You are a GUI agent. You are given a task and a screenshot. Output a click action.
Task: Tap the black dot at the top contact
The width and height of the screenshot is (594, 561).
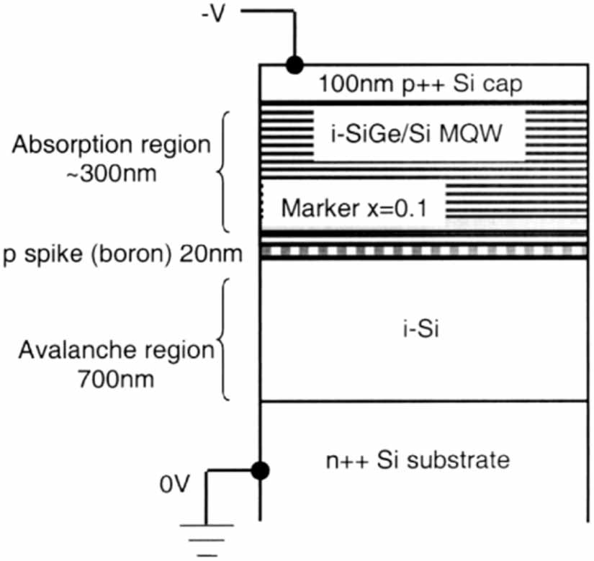pyautogui.click(x=293, y=65)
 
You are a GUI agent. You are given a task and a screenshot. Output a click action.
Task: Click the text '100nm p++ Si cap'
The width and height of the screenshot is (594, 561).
pyautogui.click(x=422, y=84)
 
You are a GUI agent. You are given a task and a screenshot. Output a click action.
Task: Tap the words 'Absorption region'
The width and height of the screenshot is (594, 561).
pyautogui.click(x=112, y=145)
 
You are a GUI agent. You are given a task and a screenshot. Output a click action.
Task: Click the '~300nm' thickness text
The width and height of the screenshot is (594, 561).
pyautogui.click(x=112, y=174)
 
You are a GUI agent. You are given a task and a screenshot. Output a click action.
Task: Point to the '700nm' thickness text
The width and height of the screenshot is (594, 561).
pyautogui.click(x=116, y=379)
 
